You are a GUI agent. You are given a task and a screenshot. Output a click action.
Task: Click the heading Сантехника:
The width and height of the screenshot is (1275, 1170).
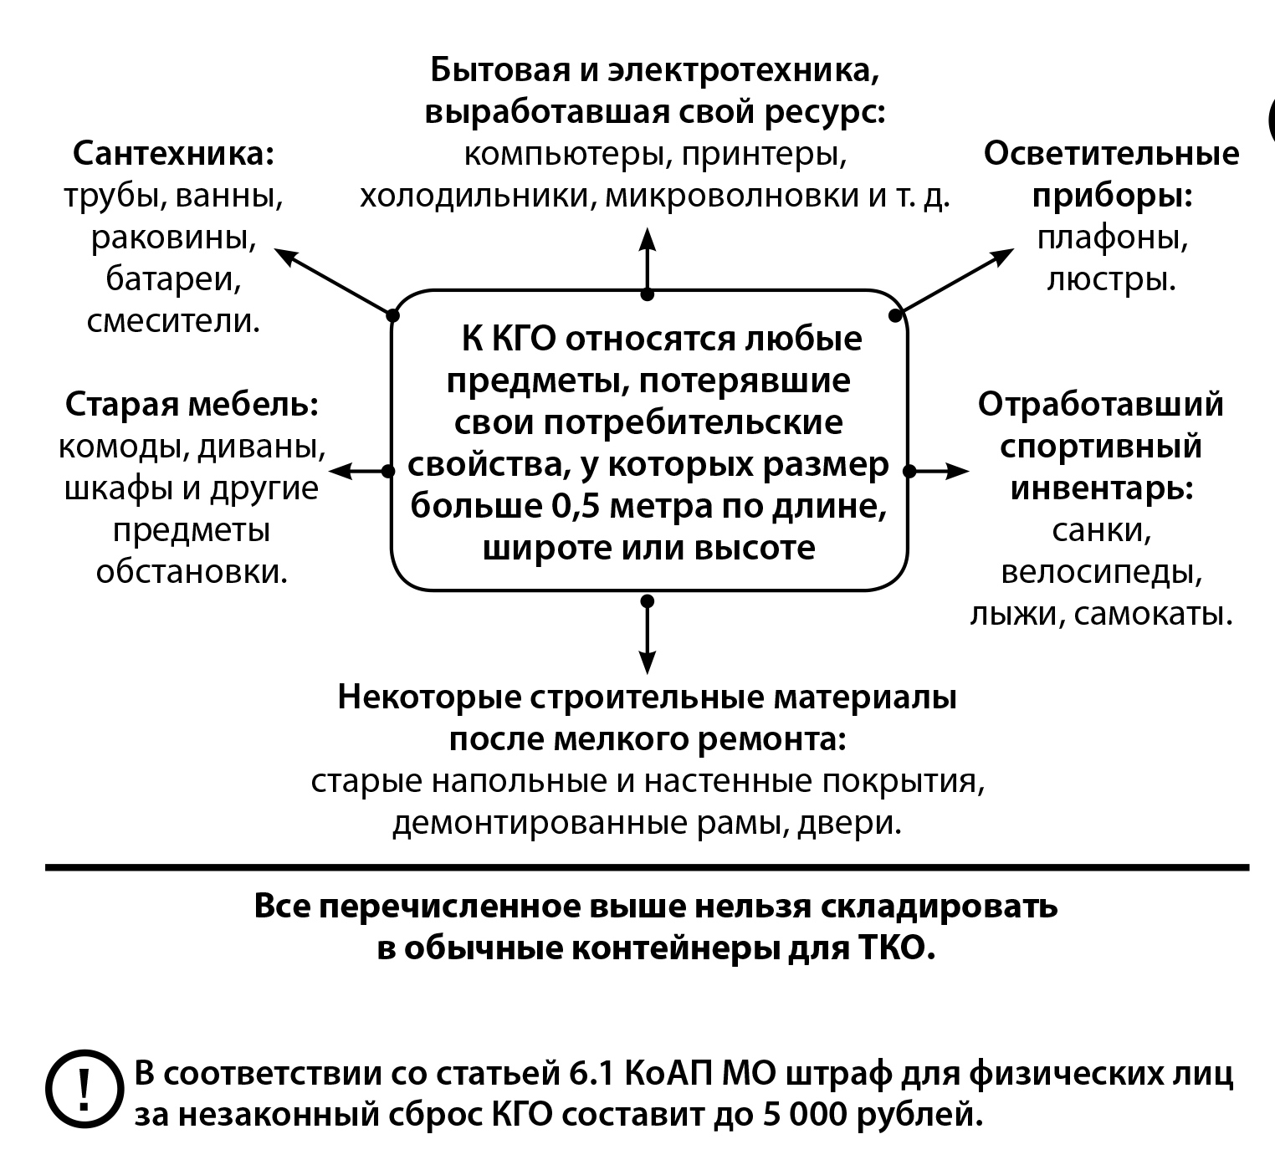173,154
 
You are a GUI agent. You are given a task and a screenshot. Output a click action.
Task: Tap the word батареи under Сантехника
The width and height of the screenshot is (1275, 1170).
173,279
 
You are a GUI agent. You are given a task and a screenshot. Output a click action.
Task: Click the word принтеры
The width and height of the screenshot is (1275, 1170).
764,155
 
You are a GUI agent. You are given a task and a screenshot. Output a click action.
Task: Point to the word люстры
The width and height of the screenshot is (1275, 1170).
1112,279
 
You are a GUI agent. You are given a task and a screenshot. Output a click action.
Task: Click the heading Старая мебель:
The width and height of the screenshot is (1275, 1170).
192,405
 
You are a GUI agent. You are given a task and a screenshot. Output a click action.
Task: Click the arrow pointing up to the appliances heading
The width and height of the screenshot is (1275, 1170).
647,261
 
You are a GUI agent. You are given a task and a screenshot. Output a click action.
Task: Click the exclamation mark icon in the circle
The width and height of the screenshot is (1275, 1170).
84,1089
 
